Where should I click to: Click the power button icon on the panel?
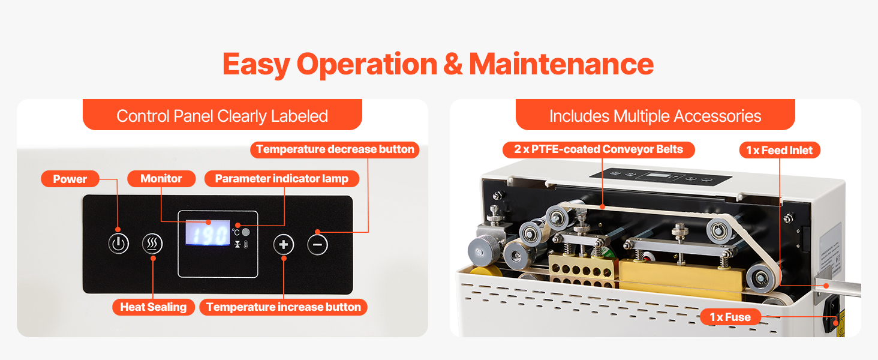point(118,244)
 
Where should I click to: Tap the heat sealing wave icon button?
point(152,244)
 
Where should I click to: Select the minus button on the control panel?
point(317,245)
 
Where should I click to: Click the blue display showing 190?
point(208,233)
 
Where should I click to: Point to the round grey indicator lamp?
point(246,232)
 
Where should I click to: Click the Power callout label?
point(70,179)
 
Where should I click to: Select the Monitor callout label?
point(161,178)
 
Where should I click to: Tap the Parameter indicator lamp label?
point(282,178)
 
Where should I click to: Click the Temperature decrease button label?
point(335,149)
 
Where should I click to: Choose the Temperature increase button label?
point(284,307)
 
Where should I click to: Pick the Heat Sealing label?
point(154,307)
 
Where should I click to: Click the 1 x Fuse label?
point(730,317)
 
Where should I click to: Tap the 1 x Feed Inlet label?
point(780,150)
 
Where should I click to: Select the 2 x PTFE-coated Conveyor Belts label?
point(599,149)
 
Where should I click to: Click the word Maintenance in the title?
point(561,64)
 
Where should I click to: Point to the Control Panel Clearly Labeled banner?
point(222,115)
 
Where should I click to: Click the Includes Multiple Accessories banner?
point(655,115)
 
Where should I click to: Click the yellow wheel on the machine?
point(486,271)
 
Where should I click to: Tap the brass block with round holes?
point(582,271)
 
